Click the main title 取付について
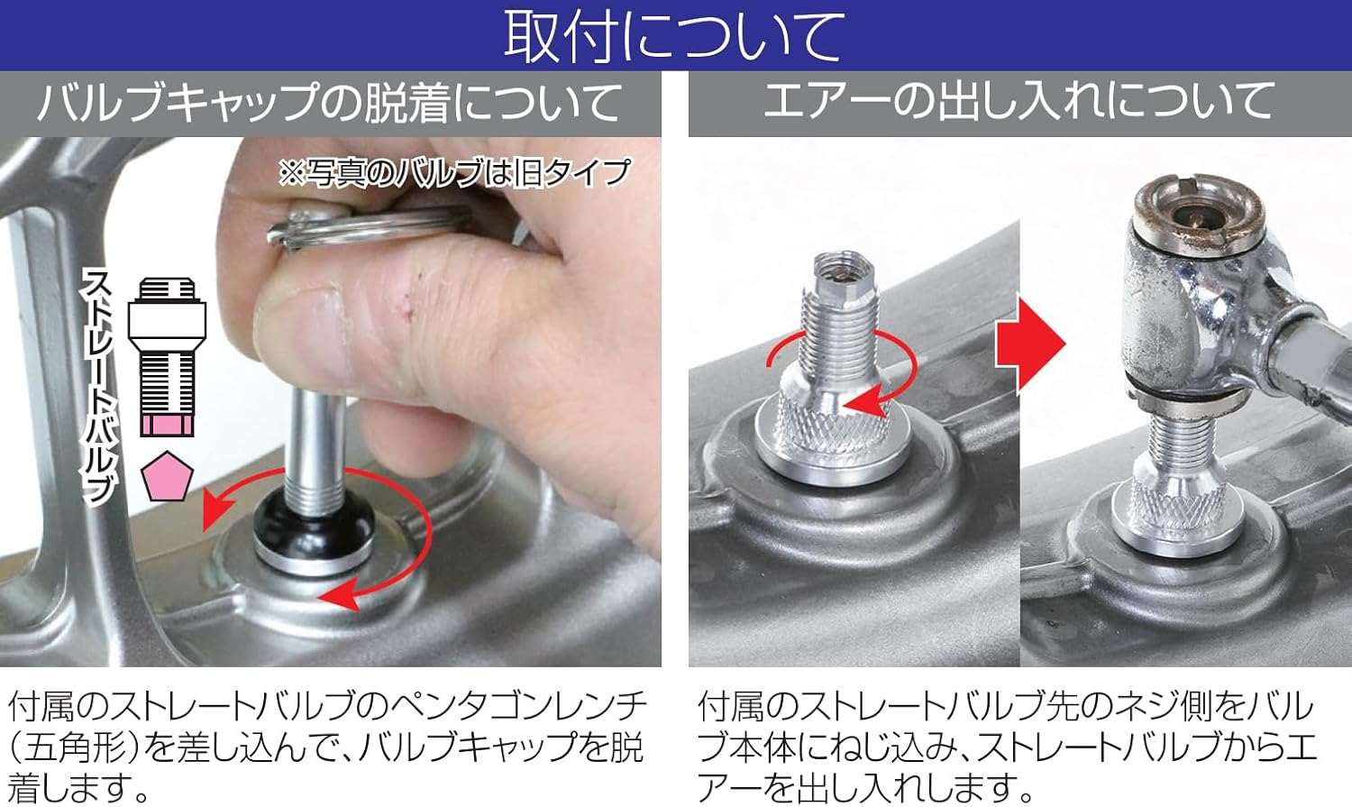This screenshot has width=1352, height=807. pyautogui.click(x=674, y=36)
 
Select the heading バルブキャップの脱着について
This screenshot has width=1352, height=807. pyautogui.click(x=330, y=102)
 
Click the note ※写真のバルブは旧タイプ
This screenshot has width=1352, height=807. pyautogui.click(x=454, y=172)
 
